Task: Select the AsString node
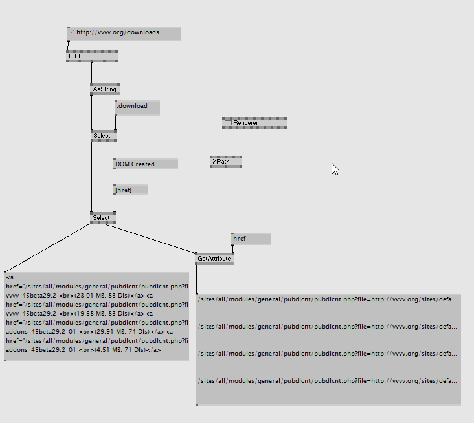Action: tap(104, 89)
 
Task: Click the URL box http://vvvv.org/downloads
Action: tap(124, 32)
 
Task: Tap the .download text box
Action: tap(137, 107)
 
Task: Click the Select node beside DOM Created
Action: tap(102, 136)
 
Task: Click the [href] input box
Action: tap(130, 190)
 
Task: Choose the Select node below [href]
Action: tap(102, 218)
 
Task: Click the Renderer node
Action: tap(254, 123)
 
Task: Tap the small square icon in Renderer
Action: tap(228, 123)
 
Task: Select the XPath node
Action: tap(225, 162)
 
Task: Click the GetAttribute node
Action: tap(214, 259)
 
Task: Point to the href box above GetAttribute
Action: tap(251, 239)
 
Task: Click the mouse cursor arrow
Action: tap(335, 169)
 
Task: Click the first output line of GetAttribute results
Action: tap(328, 299)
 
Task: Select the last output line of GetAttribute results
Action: tap(328, 381)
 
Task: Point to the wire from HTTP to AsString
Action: tap(91, 72)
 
